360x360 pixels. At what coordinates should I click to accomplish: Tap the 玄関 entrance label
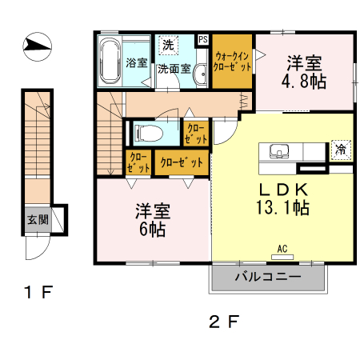pos(34,218)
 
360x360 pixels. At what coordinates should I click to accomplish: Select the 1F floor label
pos(38,293)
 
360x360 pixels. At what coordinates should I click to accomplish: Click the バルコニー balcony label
pos(267,277)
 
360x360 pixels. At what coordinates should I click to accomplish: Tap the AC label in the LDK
pos(282,249)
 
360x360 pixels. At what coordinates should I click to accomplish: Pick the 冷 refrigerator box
pos(341,149)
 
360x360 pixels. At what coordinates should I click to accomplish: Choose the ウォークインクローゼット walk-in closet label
pos(233,62)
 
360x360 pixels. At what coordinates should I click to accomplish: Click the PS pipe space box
pos(202,38)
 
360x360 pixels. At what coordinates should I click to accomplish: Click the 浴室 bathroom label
pos(135,63)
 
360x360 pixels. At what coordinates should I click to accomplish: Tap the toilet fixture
pos(149,131)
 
